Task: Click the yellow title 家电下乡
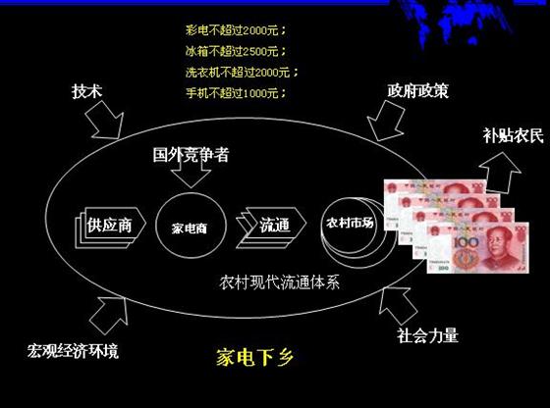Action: [254, 357]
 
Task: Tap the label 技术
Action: [87, 91]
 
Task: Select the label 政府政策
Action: [417, 90]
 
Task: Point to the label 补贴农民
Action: [513, 135]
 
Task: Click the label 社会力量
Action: [427, 335]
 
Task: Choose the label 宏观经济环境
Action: [73, 351]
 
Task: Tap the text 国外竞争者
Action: [191, 154]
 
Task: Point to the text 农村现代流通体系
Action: [280, 282]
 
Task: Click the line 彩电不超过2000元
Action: [236, 30]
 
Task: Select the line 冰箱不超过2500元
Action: [236, 51]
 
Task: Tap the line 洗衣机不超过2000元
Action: [242, 73]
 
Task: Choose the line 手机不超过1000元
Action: [236, 93]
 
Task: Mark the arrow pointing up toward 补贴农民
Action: [500, 173]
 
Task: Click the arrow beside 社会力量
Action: [398, 305]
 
